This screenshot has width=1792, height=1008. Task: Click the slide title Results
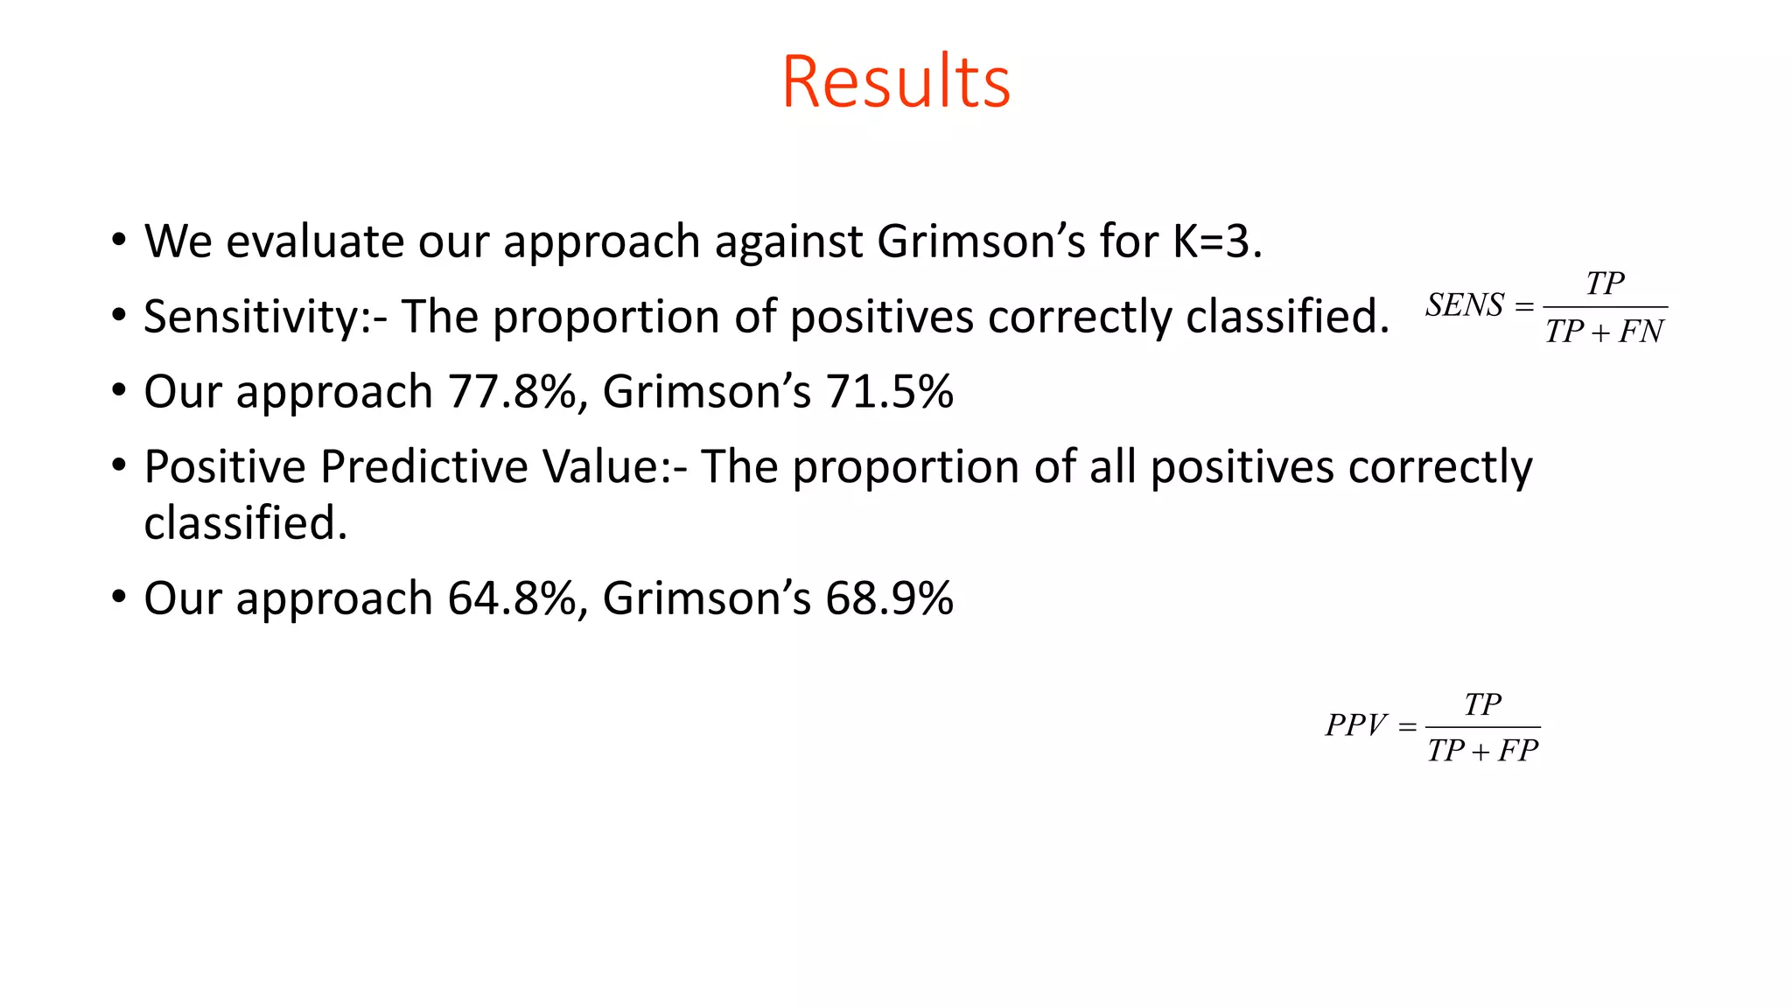pos(896,82)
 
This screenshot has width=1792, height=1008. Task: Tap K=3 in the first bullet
pos(1216,241)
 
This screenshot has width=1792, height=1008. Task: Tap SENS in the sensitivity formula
pos(1464,305)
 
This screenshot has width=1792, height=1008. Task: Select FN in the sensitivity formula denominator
pos(1641,332)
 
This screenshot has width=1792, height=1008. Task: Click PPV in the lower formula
pos(1355,725)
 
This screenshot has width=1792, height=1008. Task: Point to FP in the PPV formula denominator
pos(1517,752)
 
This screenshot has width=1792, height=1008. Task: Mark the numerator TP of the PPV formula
pos(1482,704)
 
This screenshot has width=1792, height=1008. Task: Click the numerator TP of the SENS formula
pos(1605,283)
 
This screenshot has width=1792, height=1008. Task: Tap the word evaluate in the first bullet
pos(315,241)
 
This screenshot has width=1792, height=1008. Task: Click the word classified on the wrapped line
pos(245,523)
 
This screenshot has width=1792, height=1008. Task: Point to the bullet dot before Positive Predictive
pos(118,465)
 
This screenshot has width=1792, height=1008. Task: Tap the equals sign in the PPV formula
pos(1407,727)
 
